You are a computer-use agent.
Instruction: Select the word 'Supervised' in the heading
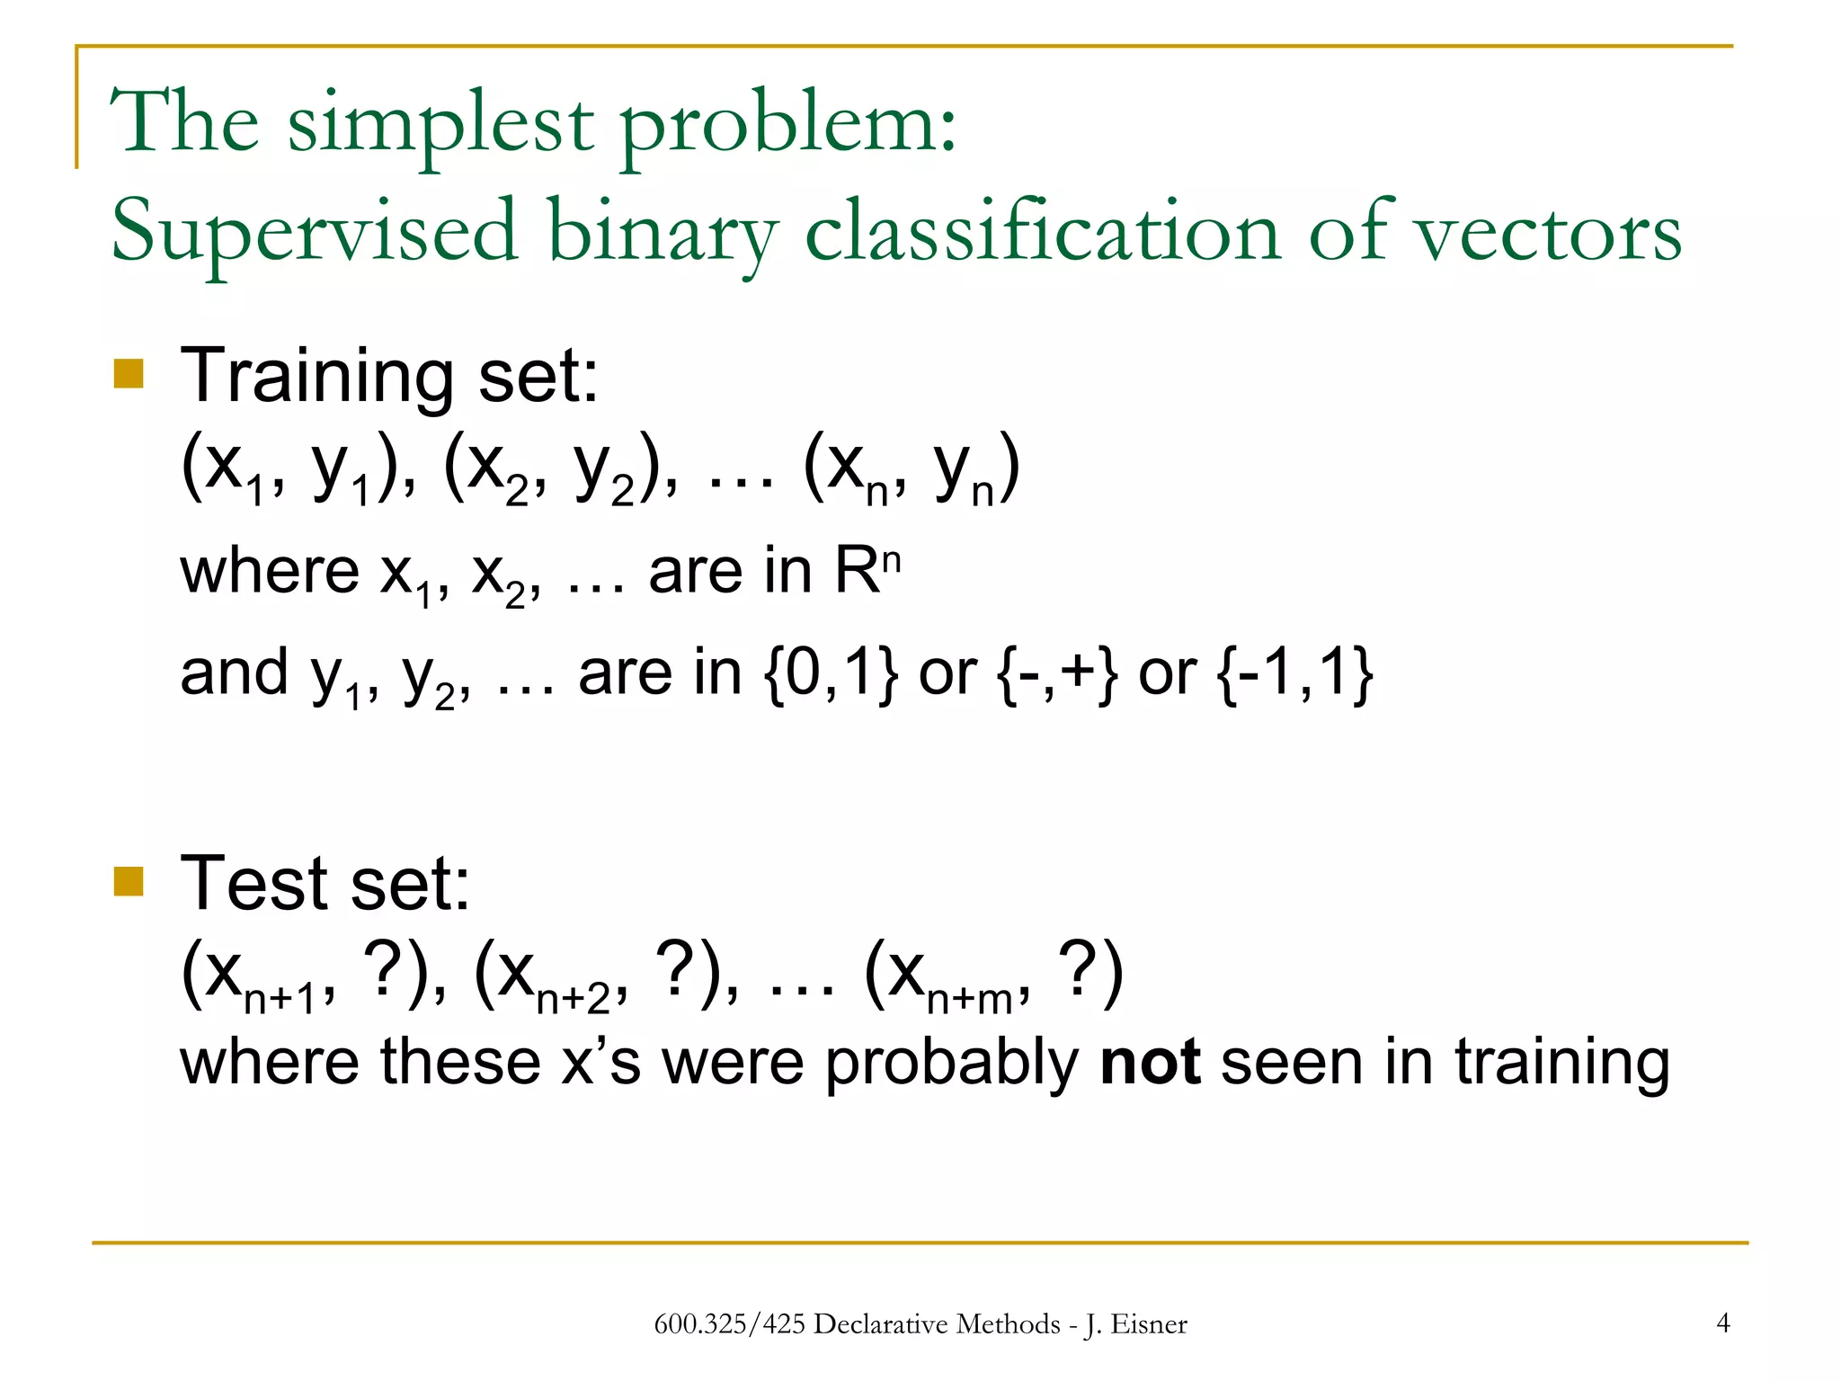point(314,232)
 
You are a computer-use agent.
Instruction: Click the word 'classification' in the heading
point(1042,232)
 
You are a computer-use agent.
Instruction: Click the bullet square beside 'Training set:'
point(129,373)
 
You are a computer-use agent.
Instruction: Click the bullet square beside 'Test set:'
point(129,882)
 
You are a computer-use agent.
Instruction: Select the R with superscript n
point(867,571)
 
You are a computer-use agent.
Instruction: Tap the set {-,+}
point(1057,673)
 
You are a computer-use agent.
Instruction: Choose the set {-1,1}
point(1295,673)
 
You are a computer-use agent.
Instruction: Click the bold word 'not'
point(1150,1062)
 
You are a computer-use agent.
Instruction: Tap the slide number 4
point(1722,1323)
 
